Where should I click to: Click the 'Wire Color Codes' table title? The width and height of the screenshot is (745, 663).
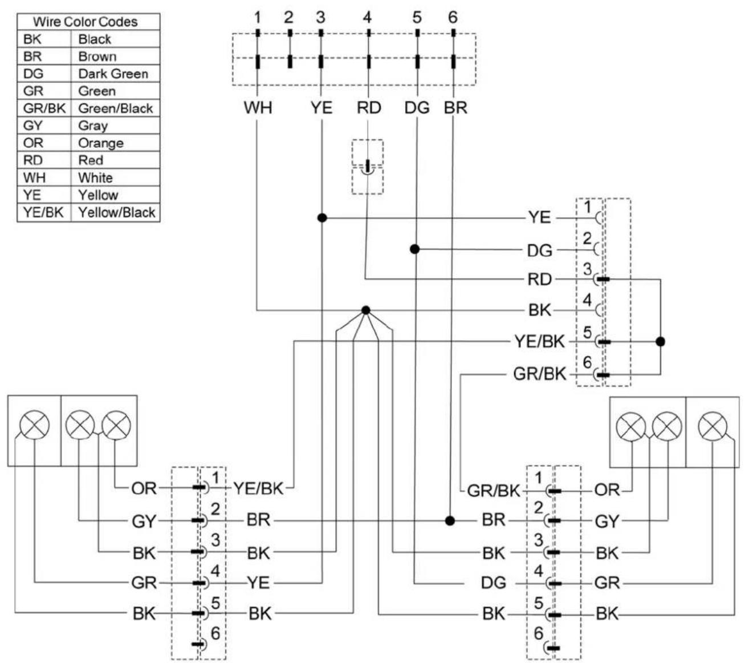point(86,22)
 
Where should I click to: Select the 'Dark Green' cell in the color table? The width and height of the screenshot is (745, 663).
point(113,74)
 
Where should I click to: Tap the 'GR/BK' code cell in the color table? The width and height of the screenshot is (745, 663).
point(44,108)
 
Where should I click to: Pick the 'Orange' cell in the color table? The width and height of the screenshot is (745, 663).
point(100,143)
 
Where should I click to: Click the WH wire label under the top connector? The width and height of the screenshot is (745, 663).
point(258,107)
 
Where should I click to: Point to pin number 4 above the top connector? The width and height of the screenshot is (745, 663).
point(367,17)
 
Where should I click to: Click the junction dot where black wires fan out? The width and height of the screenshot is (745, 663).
point(365,310)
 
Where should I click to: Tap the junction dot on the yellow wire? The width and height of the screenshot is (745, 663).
point(321,218)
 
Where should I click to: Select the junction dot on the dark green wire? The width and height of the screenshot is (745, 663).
point(415,249)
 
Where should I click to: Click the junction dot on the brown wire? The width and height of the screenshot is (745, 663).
point(450,520)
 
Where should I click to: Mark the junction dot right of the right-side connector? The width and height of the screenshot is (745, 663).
point(661,342)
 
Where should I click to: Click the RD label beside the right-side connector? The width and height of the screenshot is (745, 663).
point(539,279)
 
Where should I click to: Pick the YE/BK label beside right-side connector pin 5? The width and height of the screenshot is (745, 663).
point(539,341)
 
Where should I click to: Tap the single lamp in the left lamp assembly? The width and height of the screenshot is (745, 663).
point(34,425)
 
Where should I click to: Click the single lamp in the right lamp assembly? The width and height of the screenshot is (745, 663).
point(713,426)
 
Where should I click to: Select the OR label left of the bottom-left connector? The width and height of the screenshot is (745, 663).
point(144,488)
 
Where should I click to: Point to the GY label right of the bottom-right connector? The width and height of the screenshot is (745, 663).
point(607,521)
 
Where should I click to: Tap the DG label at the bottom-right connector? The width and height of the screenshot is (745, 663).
point(494,583)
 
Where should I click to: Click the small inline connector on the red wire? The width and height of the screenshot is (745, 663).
point(367,167)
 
